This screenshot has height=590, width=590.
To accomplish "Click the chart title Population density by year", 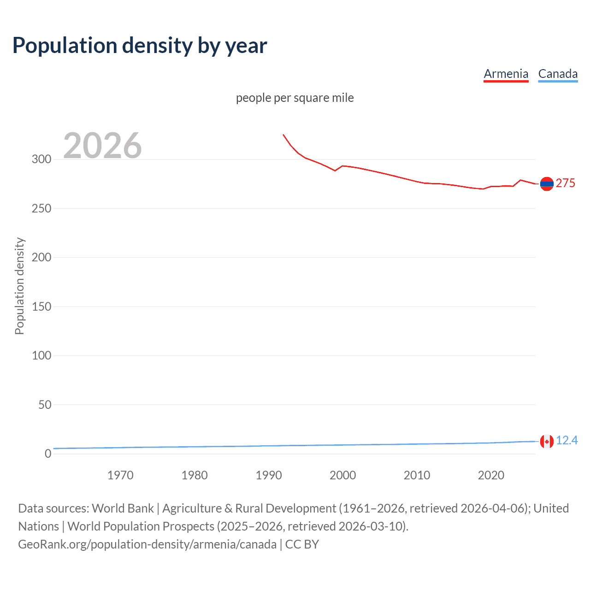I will pyautogui.click(x=140, y=46).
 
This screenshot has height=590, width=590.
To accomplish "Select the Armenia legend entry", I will pyautogui.click(x=506, y=74).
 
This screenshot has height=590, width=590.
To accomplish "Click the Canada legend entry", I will pyautogui.click(x=558, y=74).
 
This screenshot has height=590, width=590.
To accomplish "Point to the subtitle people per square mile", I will pyautogui.click(x=295, y=98).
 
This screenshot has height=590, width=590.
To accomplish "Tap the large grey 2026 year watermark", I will pyautogui.click(x=102, y=146).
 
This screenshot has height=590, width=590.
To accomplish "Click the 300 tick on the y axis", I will pyautogui.click(x=41, y=159).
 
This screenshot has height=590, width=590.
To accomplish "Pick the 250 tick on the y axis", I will pyautogui.click(x=41, y=208).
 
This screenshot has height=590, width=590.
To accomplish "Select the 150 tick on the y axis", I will pyautogui.click(x=41, y=307).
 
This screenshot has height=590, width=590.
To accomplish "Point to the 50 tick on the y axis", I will pyautogui.click(x=45, y=405).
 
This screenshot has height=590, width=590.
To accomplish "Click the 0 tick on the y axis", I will pyautogui.click(x=48, y=454).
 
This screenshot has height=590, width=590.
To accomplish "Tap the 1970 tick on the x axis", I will pyautogui.click(x=120, y=475).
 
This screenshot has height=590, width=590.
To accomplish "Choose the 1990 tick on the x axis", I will pyautogui.click(x=269, y=475).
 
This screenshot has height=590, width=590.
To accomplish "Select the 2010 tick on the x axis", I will pyautogui.click(x=417, y=475).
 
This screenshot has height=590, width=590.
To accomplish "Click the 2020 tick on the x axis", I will pyautogui.click(x=491, y=475).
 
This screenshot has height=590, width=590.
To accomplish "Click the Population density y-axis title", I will pyautogui.click(x=19, y=286).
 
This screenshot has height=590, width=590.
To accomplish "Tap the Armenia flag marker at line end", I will pyautogui.click(x=547, y=183).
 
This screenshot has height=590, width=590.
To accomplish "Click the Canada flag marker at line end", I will pyautogui.click(x=547, y=441).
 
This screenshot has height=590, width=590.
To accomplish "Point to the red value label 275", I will pyautogui.click(x=566, y=183).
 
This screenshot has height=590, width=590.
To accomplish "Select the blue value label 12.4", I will pyautogui.click(x=566, y=441).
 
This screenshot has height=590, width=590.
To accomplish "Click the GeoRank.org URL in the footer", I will pyautogui.click(x=147, y=544).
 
